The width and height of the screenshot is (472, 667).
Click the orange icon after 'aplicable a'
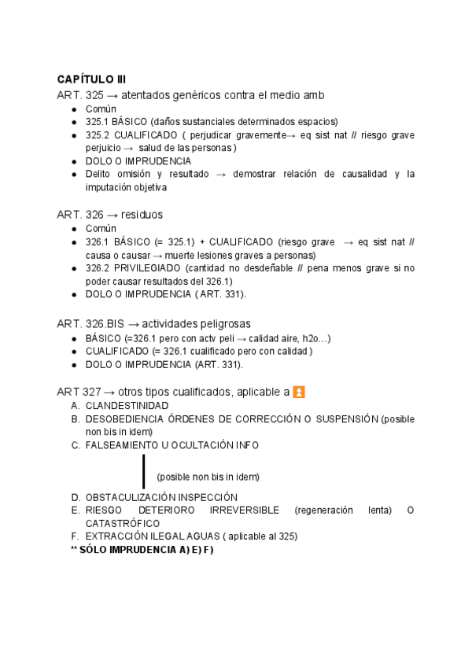coord(298,391)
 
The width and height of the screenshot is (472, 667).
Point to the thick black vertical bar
coord(144,470)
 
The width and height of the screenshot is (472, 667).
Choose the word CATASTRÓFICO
coord(123,523)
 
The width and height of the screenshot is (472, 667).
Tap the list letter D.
coord(75,497)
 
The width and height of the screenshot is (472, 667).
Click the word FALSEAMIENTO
coord(123,445)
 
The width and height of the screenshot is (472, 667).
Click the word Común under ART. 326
coord(101,228)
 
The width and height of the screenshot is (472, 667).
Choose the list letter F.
coord(75,536)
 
